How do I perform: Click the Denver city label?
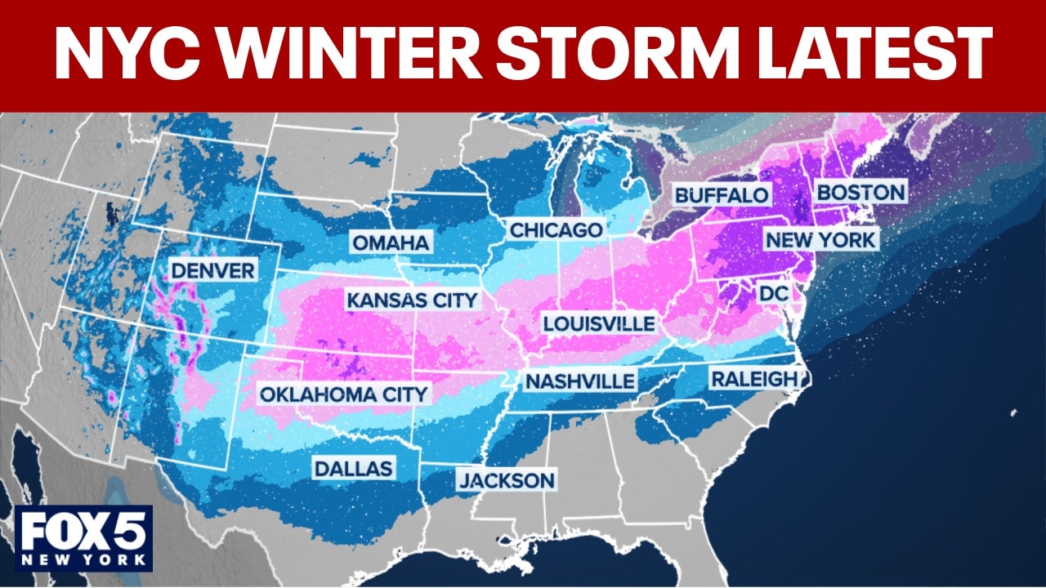(212, 269)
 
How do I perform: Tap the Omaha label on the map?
(391, 243)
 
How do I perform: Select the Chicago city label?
(556, 230)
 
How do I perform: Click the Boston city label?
(860, 193)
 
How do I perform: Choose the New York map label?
(820, 240)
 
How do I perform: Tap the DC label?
(772, 292)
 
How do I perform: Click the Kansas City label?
(411, 300)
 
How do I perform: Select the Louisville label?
(599, 323)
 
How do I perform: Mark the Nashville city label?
(579, 381)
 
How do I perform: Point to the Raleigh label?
(753, 379)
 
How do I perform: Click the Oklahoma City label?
(343, 394)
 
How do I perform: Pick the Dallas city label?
(354, 469)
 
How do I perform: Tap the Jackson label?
(506, 480)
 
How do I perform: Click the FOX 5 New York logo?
(84, 537)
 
